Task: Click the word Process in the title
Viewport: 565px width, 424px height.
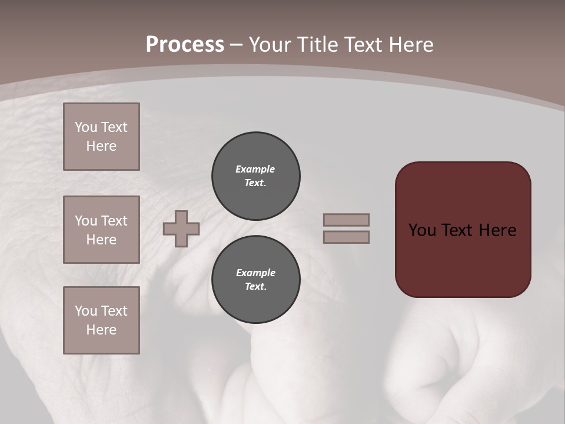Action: point(185,45)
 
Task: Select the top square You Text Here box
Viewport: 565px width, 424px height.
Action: point(101,137)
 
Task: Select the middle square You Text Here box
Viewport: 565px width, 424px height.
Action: point(101,230)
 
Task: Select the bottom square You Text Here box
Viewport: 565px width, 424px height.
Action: point(101,320)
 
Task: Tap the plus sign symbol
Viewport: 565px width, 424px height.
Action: point(181,228)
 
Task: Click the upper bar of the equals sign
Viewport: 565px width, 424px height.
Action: point(346,220)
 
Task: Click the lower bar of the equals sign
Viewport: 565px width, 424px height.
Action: point(346,237)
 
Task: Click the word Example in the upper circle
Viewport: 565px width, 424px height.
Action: point(255,169)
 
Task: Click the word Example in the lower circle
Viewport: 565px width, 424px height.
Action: point(255,273)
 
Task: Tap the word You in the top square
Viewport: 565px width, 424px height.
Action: point(85,127)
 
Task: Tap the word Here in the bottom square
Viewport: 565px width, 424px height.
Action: point(101,330)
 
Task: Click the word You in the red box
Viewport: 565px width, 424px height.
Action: point(422,230)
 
